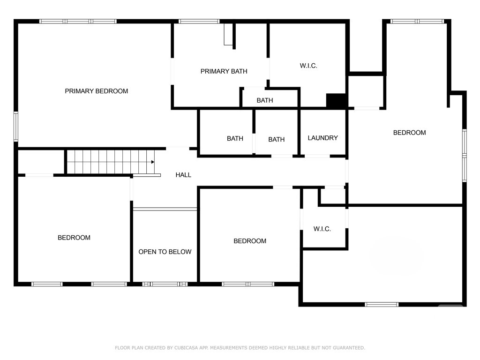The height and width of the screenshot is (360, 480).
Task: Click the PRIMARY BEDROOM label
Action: (x=97, y=91)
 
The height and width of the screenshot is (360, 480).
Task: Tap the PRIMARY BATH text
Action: (x=224, y=71)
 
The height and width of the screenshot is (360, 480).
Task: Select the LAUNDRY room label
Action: (x=322, y=138)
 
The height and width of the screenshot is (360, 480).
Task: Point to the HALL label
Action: (x=183, y=175)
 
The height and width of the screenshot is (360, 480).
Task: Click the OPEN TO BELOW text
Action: (x=165, y=252)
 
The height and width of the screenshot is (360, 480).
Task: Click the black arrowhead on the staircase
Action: (x=153, y=162)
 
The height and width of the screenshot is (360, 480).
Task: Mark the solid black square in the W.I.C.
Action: (x=336, y=100)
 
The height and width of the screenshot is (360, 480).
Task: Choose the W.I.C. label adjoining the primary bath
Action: (x=308, y=66)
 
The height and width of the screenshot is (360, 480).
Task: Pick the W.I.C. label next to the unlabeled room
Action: (x=322, y=229)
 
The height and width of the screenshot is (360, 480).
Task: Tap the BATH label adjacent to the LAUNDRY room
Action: (x=277, y=140)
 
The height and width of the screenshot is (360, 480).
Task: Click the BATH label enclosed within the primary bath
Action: (x=265, y=100)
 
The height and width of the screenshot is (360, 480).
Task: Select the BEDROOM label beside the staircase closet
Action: (x=74, y=238)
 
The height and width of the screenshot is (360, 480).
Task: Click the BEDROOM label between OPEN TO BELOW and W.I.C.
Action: (x=250, y=241)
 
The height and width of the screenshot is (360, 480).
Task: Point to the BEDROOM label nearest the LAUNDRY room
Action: (x=410, y=133)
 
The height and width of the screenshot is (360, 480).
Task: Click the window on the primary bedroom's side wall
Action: (x=16, y=127)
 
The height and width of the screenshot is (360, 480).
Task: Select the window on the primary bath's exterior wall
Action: (x=199, y=22)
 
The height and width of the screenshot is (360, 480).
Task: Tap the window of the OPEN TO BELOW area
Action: (x=165, y=285)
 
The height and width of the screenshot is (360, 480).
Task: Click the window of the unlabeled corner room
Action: (x=382, y=305)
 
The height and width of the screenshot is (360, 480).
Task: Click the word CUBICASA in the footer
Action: (x=186, y=348)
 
